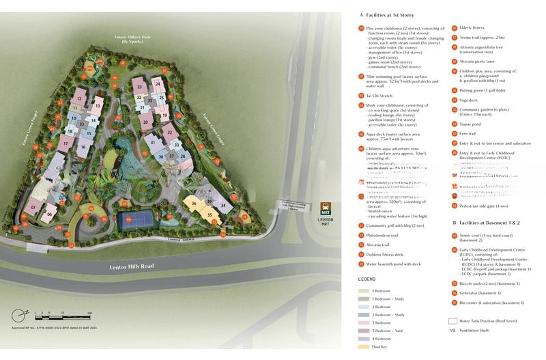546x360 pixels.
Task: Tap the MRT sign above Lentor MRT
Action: pyautogui.click(x=326, y=208)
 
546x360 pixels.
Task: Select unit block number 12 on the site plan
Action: pyautogui.click(x=79, y=99)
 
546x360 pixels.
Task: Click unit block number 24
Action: pyautogui.click(x=158, y=84)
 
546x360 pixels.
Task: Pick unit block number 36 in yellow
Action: pyautogui.click(x=194, y=203)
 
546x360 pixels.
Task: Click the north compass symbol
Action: pyautogui.click(x=18, y=315)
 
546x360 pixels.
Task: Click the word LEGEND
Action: pyautogui.click(x=367, y=279)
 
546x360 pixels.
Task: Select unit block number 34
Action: pyautogui.click(x=222, y=206)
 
